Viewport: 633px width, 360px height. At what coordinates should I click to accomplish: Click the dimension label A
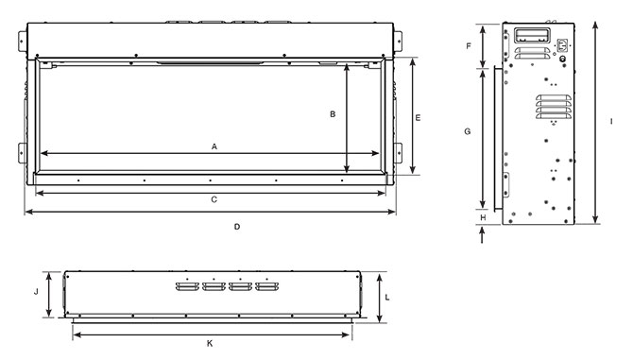(214, 146)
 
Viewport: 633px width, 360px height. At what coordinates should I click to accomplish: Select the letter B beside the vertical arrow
(332, 114)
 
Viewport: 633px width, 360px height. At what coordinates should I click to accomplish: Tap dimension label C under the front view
(214, 199)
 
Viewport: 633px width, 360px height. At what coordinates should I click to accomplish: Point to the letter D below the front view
(236, 226)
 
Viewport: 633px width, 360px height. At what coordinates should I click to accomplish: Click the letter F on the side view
(469, 44)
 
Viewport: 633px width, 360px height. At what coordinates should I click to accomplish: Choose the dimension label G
(468, 131)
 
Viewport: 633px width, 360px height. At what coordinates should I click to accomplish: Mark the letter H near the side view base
(483, 218)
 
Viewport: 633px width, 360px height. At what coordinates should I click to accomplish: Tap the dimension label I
(611, 123)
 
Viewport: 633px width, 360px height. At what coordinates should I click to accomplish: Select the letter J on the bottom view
(35, 292)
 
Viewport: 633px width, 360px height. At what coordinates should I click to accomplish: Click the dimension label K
(210, 342)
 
